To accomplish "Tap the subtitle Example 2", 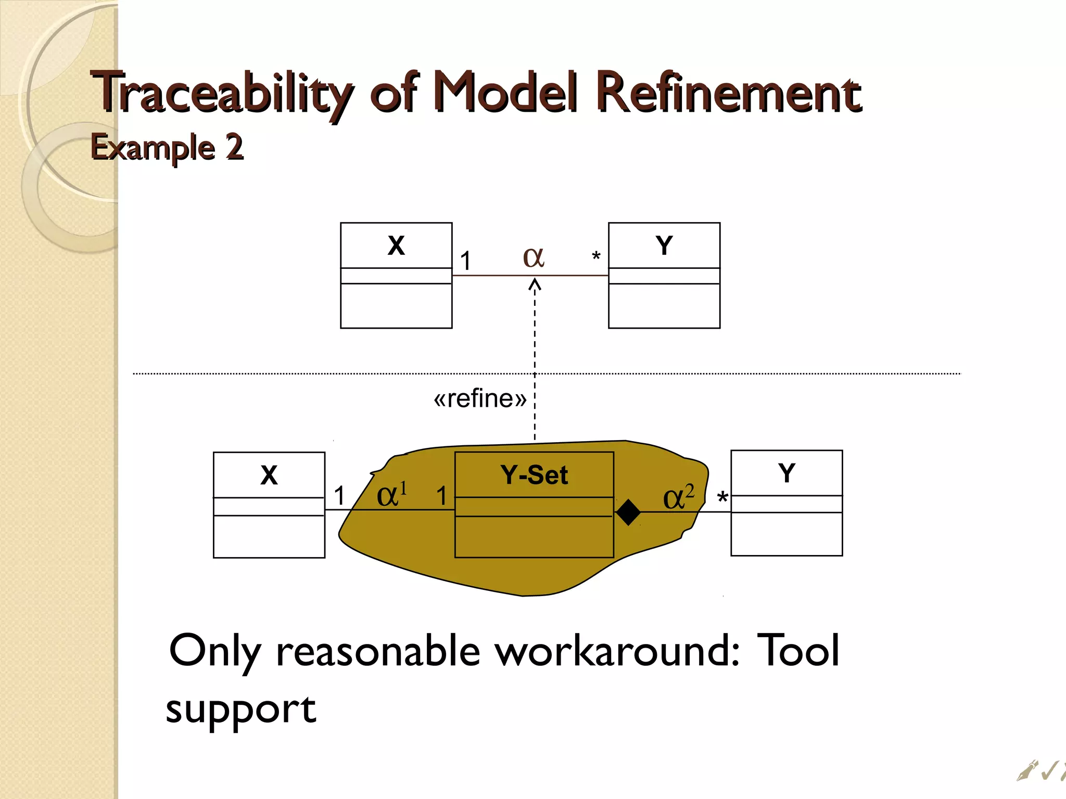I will click(x=167, y=147).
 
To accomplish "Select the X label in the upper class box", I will click(x=396, y=246).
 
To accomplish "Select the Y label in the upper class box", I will click(x=664, y=246).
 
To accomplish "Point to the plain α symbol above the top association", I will click(x=534, y=257).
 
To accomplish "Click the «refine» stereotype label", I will click(x=480, y=399).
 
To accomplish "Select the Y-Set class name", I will click(x=534, y=475).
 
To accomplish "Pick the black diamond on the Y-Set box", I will click(x=628, y=512).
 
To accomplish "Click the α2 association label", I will click(x=678, y=497).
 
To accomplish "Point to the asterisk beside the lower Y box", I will click(x=722, y=498).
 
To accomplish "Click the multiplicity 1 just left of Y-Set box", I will click(x=441, y=496).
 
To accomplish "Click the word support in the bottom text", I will click(x=240, y=710).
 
